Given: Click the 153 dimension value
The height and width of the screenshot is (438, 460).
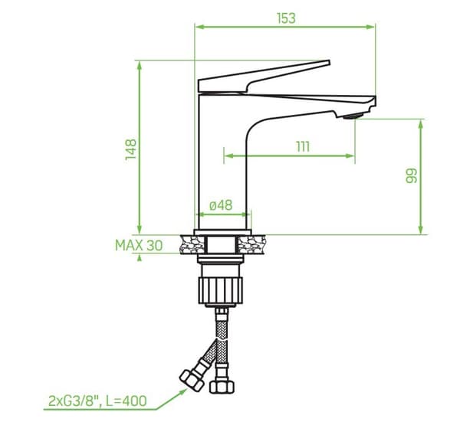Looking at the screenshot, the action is (x=286, y=18).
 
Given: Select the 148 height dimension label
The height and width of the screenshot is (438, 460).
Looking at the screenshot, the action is (x=131, y=149).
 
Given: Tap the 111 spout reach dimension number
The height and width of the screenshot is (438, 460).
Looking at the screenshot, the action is (x=303, y=146).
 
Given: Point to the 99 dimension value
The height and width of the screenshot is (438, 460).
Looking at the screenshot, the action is (x=411, y=175).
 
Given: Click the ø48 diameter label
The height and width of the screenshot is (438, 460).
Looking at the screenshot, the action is (x=221, y=205).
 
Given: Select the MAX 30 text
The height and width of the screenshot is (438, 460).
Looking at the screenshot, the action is (x=139, y=245).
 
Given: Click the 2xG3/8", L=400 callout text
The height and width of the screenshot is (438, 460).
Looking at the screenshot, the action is (x=97, y=400).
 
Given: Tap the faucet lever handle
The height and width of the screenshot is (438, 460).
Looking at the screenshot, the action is (x=264, y=76).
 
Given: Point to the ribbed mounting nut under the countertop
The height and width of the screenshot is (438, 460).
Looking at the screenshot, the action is (x=221, y=290).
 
